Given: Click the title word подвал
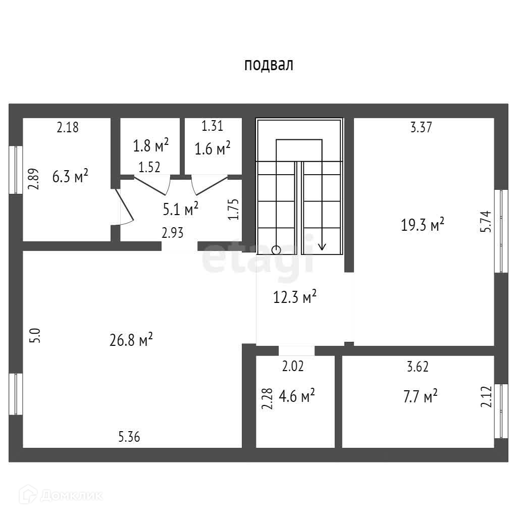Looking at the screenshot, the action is (269, 65).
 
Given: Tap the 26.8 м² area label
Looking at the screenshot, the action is (131, 340).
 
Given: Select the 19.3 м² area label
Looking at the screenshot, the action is (423, 225).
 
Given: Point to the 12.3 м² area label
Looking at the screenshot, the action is (295, 297).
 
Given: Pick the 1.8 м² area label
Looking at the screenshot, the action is (150, 146).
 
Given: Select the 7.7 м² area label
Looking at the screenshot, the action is (420, 396).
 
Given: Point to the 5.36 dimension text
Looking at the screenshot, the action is (129, 437).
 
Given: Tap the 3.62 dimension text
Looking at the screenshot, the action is (418, 367).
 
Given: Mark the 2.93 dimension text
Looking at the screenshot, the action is (172, 233).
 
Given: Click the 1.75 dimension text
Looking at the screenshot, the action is (233, 209).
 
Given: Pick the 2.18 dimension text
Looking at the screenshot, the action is (68, 127).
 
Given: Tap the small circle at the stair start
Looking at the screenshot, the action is (276, 249).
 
